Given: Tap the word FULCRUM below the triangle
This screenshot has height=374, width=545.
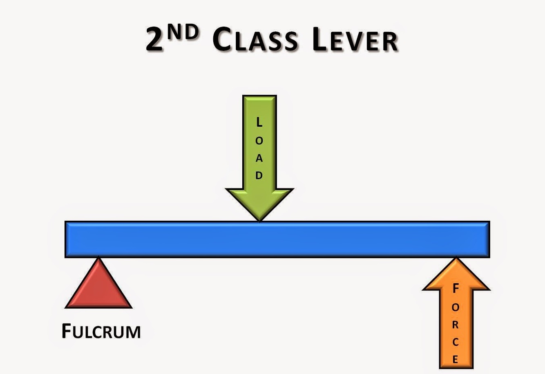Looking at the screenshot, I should tap(101, 331).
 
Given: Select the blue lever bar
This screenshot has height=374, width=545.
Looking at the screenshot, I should tap(277, 240).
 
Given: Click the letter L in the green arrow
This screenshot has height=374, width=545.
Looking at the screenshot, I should tap(259, 122).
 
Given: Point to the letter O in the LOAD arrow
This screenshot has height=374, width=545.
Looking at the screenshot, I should tap(259, 141).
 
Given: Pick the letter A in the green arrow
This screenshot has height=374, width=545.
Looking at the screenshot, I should tap(259, 159).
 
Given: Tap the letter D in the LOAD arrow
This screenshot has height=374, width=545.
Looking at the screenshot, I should tap(259, 176).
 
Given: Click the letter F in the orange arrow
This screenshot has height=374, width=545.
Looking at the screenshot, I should tap(456, 289).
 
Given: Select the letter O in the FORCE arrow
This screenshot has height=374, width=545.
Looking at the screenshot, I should tap(456, 307).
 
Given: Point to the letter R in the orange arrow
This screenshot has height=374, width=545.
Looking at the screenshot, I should tap(456, 325).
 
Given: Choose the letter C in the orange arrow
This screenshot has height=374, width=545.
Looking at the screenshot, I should tap(456, 343).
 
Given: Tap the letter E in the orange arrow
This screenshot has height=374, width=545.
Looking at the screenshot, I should tap(456, 360).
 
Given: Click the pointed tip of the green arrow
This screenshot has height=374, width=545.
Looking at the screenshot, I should tap(259, 220).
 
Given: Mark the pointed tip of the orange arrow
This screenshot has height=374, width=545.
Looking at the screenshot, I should tap(456, 259).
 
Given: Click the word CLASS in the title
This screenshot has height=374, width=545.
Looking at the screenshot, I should tap(255, 41).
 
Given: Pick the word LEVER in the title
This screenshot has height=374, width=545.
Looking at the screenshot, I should tap(354, 41).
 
